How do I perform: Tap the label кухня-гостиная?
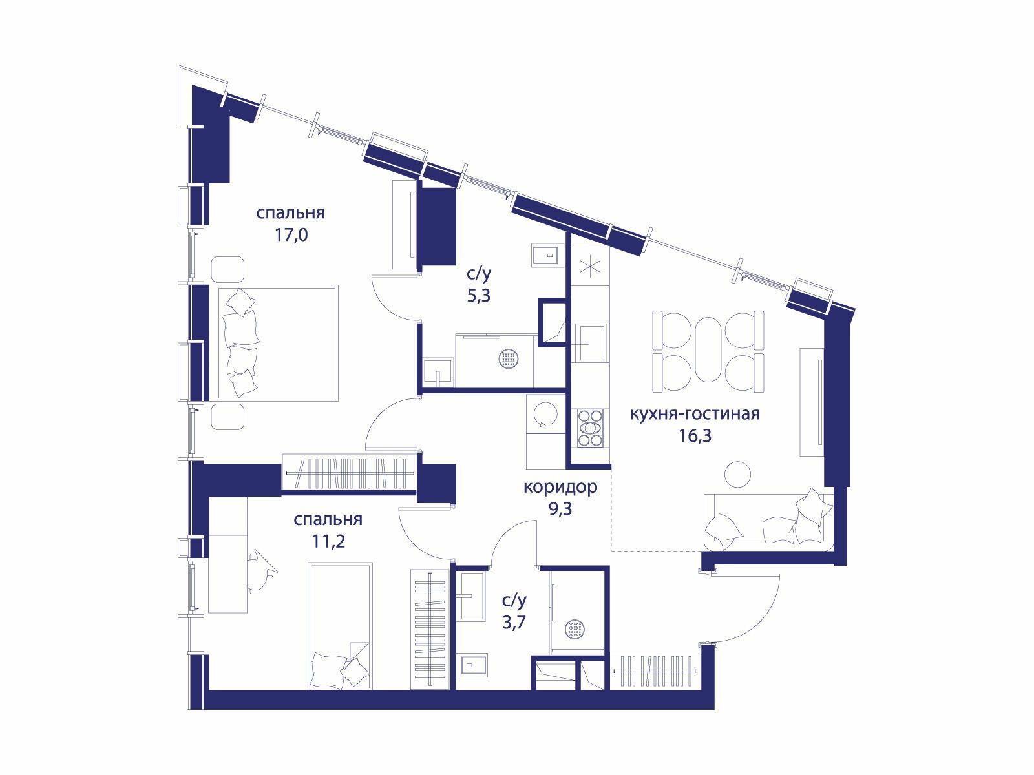click(695, 413)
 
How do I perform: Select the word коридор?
click(560, 487)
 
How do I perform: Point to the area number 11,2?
click(328, 542)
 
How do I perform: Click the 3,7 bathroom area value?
click(514, 623)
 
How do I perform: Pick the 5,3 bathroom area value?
click(479, 296)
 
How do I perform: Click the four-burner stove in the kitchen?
click(590, 428)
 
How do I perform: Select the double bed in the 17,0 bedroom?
click(278, 343)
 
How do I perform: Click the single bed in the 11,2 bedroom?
click(341, 626)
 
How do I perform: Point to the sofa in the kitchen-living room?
click(768, 522)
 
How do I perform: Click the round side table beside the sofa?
click(737, 474)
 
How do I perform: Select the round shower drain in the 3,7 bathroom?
click(574, 629)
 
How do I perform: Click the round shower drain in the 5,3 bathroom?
click(509, 359)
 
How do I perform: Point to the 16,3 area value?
click(695, 436)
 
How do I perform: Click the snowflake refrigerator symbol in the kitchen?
click(590, 266)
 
